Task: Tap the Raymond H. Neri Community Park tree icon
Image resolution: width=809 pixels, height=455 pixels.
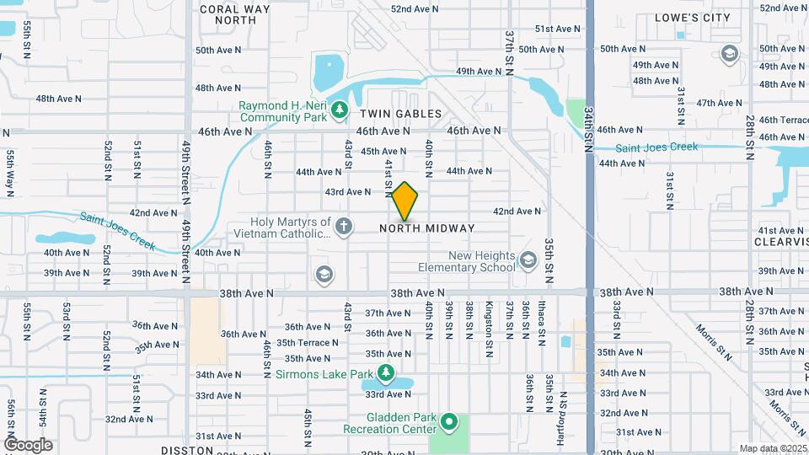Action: click(339, 109)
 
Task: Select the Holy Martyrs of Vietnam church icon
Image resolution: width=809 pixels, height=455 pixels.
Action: click(343, 225)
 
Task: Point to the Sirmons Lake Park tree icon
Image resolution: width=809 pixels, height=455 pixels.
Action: click(386, 372)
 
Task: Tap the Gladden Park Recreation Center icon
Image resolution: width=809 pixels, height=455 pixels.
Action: click(449, 420)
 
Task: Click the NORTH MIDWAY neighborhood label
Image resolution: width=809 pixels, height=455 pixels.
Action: click(426, 228)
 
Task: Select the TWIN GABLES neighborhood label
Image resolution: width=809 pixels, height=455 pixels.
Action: click(400, 113)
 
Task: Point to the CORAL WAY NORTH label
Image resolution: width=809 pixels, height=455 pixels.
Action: click(228, 13)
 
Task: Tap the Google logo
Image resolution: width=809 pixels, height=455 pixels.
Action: click(28, 445)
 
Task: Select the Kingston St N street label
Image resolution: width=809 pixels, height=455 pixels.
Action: click(489, 319)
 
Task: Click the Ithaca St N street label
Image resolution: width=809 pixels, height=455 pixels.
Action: click(540, 320)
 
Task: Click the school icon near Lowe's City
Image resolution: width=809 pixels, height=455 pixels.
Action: click(729, 55)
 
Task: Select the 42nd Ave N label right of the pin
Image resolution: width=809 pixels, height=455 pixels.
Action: click(517, 211)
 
